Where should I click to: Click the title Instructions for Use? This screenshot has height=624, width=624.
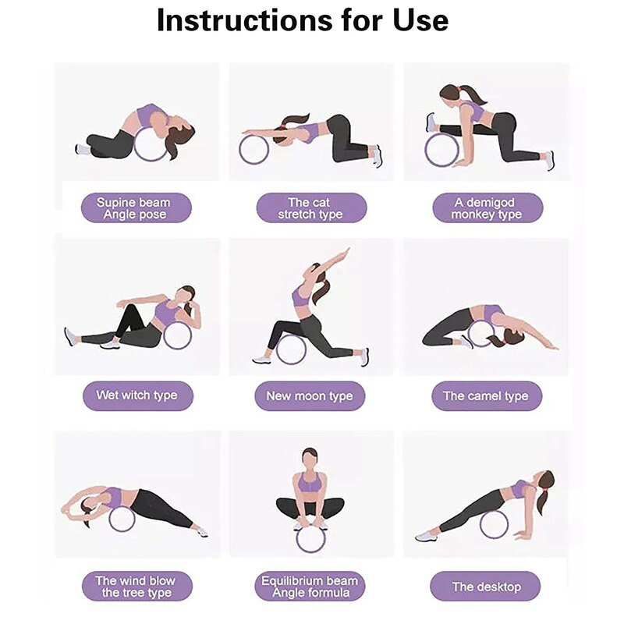click(303, 21)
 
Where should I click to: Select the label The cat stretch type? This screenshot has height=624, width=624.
click(310, 208)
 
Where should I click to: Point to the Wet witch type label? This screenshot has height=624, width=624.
click(136, 395)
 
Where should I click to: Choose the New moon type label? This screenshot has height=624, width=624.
click(310, 395)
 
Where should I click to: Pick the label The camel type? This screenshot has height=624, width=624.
click(486, 395)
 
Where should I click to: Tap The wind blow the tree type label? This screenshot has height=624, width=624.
click(136, 587)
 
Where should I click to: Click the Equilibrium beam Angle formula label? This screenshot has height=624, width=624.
click(310, 587)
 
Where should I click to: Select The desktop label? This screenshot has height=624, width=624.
click(486, 587)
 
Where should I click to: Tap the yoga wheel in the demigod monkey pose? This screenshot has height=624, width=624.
click(441, 149)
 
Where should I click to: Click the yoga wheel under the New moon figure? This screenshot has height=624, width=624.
click(291, 347)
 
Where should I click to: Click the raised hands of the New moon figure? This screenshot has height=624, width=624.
click(344, 253)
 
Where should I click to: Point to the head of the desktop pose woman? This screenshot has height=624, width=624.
click(546, 482)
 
